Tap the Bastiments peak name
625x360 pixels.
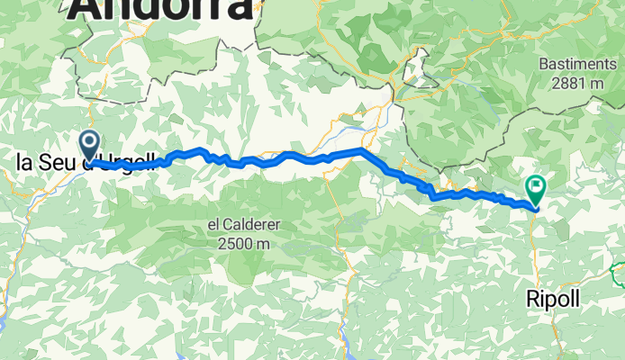click(577, 64)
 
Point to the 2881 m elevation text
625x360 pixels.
click(577, 82)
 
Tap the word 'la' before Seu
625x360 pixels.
click(24, 163)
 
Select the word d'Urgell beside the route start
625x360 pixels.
click(126, 163)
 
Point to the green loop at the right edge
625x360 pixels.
click(618, 271)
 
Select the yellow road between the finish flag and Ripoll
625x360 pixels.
click(532, 243)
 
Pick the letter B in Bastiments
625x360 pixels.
click(543, 64)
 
